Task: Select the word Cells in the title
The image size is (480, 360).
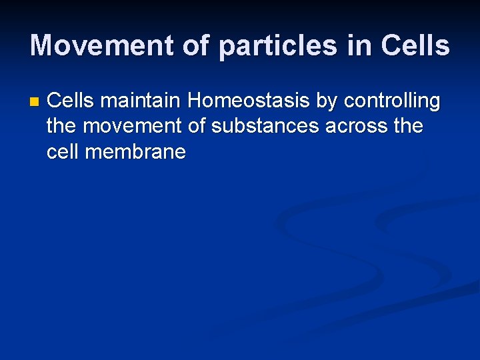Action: pyautogui.click(x=415, y=45)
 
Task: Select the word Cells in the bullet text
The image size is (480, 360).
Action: pyautogui.click(x=71, y=101)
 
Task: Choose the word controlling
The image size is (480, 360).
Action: pyautogui.click(x=392, y=102)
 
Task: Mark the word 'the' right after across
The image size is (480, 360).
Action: pyautogui.click(x=407, y=127)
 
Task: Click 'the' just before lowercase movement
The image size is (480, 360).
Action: pyautogui.click(x=62, y=127)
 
